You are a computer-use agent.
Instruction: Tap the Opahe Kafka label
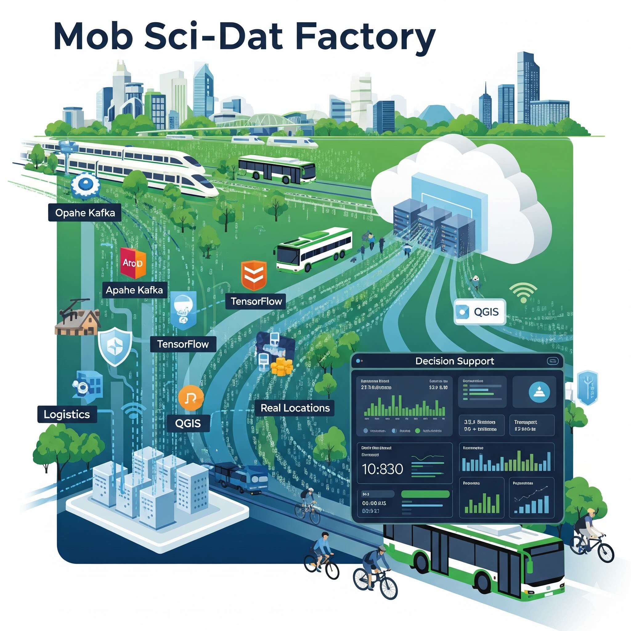[85, 213]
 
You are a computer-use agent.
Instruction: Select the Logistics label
[67, 414]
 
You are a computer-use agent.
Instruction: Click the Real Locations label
[295, 408]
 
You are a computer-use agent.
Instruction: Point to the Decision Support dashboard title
[455, 361]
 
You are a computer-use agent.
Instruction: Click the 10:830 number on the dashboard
[382, 469]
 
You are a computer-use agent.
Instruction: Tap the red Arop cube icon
[133, 262]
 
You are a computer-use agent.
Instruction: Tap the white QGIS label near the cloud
[480, 311]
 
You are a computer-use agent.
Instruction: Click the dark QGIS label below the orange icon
[188, 423]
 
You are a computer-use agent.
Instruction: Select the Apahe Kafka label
[134, 290]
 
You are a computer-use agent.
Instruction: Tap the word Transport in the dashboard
[526, 422]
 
